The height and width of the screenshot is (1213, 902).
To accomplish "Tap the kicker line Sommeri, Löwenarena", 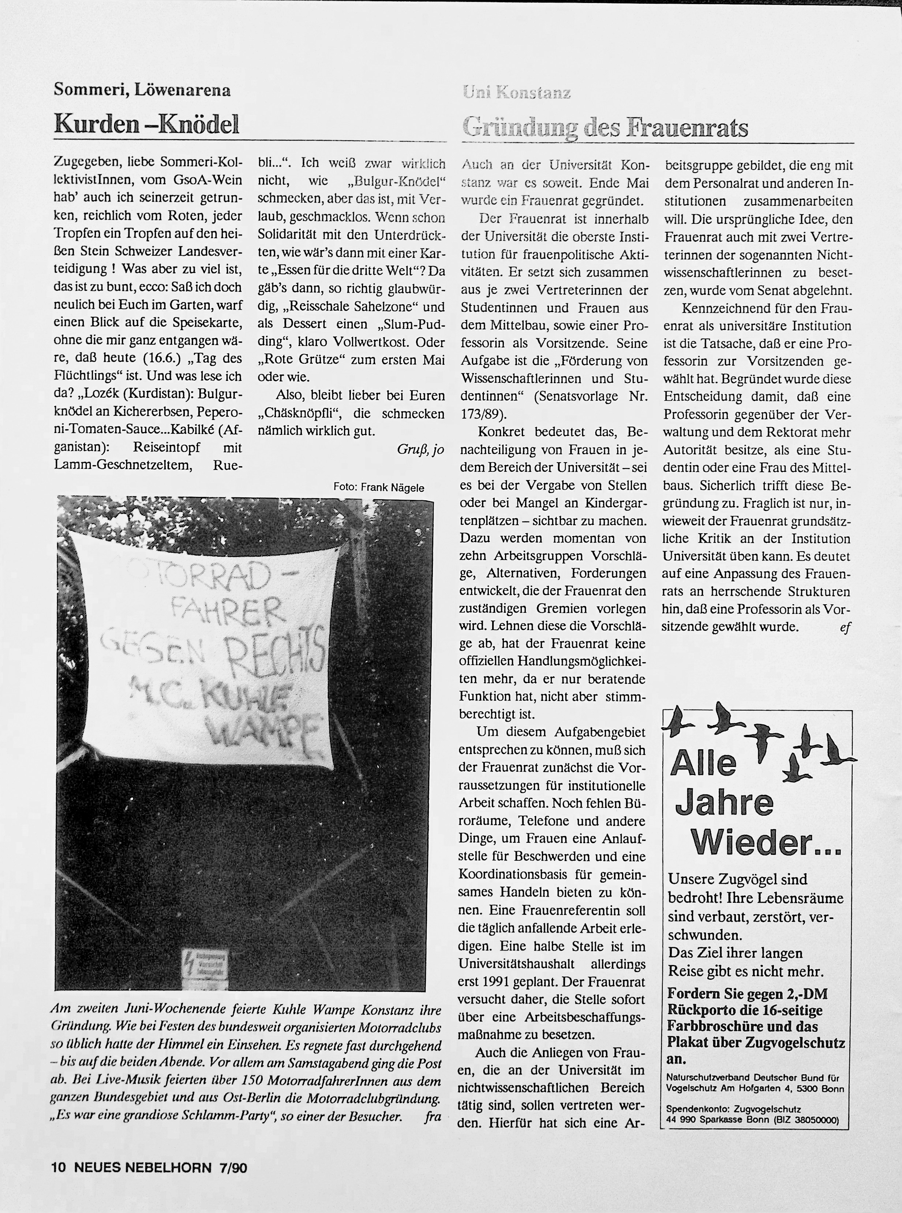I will [x=142, y=90].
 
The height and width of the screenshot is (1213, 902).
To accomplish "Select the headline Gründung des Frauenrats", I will [x=605, y=127].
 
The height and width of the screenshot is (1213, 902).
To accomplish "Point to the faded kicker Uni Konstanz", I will [x=517, y=93].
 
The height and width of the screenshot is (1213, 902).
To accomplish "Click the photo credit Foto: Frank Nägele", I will [x=378, y=487].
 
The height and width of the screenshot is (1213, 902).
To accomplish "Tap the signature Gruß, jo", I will [x=420, y=449].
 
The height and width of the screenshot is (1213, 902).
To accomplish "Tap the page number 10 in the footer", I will [x=59, y=1167].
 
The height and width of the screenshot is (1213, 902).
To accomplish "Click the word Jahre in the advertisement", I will [x=725, y=803].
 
